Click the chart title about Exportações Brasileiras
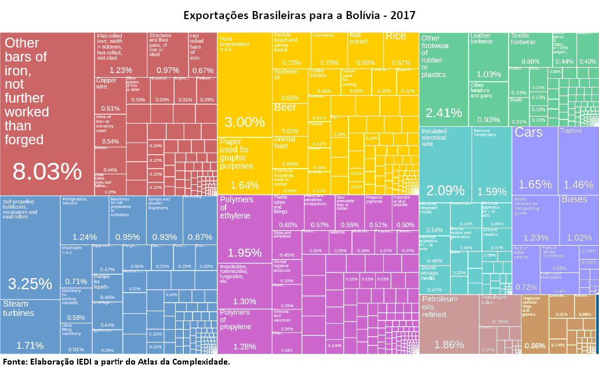[x=299, y=14]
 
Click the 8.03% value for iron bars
[x=48, y=172]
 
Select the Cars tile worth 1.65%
[x=535, y=162]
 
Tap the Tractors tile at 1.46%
[x=578, y=162]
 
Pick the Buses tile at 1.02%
[x=579, y=220]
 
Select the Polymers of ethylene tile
[x=244, y=232]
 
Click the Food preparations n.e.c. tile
[x=244, y=87]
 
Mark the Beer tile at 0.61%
[x=290, y=119]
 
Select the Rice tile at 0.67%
[x=401, y=49]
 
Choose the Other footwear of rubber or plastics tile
[x=444, y=81]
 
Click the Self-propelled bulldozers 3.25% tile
[x=30, y=249]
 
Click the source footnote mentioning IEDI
[x=116, y=362]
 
